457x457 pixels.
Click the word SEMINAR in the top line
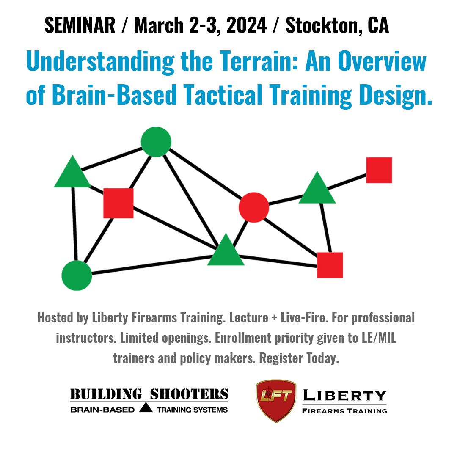coord(80,26)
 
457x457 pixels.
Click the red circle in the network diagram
coord(254,207)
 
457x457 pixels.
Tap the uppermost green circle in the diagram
coord(156,142)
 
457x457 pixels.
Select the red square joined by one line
coord(379,170)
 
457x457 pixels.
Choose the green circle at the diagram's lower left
coord(77,275)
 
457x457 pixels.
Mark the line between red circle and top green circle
coord(203,173)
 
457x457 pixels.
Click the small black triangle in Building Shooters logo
coord(146,408)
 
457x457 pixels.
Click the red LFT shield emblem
coord(276,400)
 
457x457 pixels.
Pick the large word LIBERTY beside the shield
coord(344,396)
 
